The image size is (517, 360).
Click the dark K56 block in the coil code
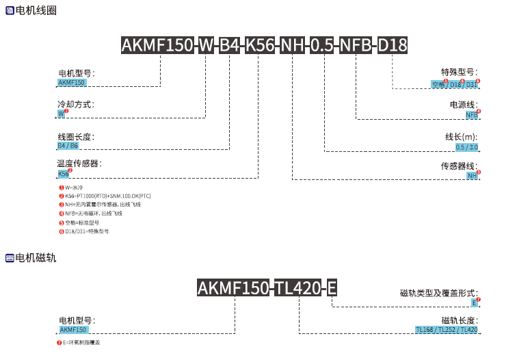(x=261, y=46)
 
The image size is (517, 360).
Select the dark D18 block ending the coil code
(x=393, y=46)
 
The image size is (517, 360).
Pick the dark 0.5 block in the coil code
(x=321, y=46)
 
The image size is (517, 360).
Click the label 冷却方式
(x=75, y=105)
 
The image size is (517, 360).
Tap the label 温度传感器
(x=79, y=164)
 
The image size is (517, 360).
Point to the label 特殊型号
(x=458, y=72)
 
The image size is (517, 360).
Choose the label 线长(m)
(x=461, y=137)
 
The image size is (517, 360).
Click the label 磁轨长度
(x=460, y=320)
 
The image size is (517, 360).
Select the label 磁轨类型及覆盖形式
(x=438, y=293)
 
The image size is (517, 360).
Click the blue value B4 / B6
(x=68, y=146)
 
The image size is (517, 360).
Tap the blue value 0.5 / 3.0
(x=467, y=147)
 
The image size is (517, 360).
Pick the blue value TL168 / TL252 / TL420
(x=447, y=330)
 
